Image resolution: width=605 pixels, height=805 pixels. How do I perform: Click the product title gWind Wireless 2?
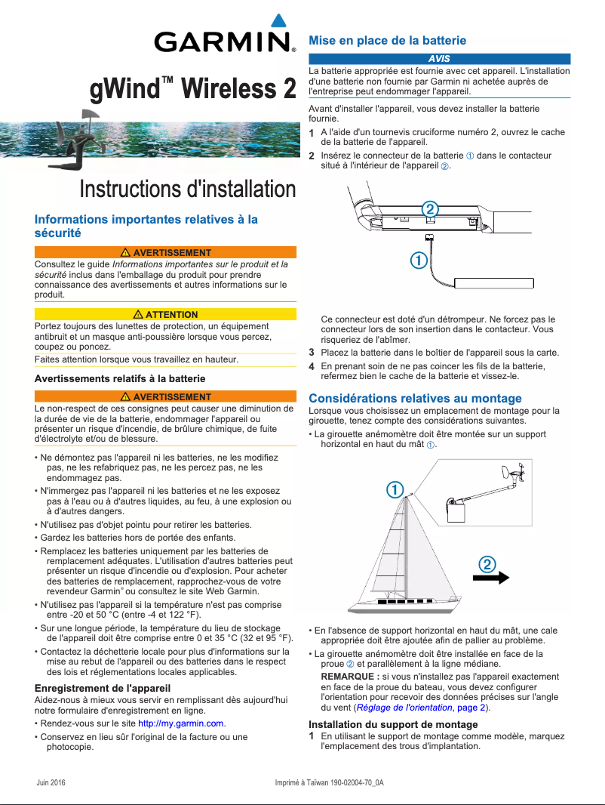pyautogui.click(x=193, y=89)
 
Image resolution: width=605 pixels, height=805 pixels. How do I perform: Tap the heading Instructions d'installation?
pyautogui.click(x=188, y=189)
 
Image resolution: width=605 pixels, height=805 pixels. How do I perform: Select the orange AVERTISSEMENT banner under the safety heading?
pyautogui.click(x=165, y=252)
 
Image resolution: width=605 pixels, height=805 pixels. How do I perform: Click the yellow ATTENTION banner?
pyautogui.click(x=165, y=314)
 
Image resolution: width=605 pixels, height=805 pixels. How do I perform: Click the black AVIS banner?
pyautogui.click(x=439, y=58)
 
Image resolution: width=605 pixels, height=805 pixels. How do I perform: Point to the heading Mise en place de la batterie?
pyautogui.click(x=388, y=41)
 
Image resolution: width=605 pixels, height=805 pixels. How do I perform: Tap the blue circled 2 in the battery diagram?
pyautogui.click(x=429, y=208)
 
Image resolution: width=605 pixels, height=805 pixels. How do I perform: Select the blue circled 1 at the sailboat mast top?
pyautogui.click(x=394, y=489)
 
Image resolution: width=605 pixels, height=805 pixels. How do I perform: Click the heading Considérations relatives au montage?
pyautogui.click(x=415, y=398)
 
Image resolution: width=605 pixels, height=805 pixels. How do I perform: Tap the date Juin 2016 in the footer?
pyautogui.click(x=51, y=782)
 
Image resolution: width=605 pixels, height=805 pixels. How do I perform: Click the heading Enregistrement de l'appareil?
pyautogui.click(x=103, y=688)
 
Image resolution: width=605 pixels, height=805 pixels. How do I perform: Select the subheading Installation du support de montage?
pyautogui.click(x=393, y=724)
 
